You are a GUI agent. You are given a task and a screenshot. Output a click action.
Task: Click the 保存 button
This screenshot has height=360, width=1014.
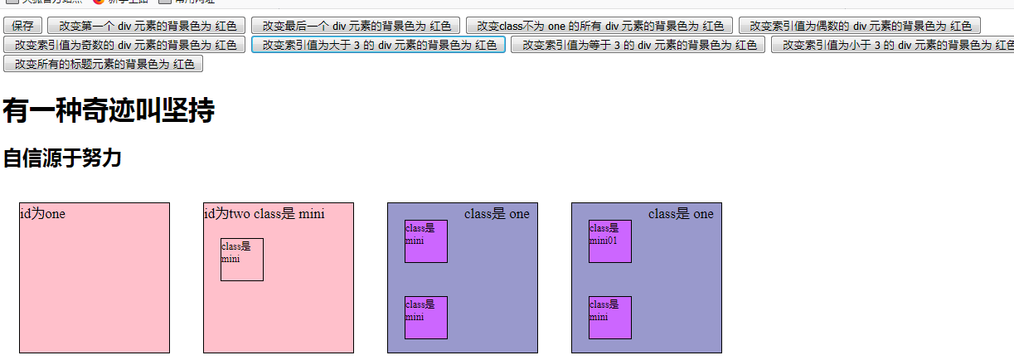pos(23,27)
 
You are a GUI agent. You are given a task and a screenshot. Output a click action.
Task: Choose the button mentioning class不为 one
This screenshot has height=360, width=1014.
pos(599,27)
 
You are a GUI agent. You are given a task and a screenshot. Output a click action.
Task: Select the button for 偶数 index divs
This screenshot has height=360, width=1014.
pos(860,27)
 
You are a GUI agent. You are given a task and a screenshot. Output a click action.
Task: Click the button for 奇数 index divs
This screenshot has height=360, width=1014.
pos(124,45)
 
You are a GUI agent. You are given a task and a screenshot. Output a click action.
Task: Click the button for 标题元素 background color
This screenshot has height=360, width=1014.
pos(104,63)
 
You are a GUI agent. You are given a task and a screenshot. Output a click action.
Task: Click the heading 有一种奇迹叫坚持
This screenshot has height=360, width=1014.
pos(109,110)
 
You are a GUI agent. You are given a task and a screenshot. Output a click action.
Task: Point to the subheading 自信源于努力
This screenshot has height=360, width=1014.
pos(62,158)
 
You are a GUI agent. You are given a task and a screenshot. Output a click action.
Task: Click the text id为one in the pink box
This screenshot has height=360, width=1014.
pos(42,214)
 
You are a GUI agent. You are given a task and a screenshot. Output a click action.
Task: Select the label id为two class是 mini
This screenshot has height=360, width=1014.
pos(264,214)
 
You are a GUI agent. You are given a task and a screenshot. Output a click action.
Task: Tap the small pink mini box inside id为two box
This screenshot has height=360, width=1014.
pos(242,260)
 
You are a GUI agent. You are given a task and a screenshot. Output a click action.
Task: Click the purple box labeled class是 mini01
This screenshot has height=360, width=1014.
pos(610,241)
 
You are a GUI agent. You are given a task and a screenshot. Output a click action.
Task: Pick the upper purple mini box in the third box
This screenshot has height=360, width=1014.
pos(426,241)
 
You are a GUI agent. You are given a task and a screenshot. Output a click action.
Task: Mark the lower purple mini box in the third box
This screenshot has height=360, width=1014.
pos(426,318)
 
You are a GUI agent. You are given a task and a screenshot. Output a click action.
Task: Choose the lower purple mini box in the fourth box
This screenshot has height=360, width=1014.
pos(610,318)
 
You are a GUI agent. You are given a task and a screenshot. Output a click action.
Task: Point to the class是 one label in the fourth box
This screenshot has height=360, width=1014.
pos(681,214)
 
